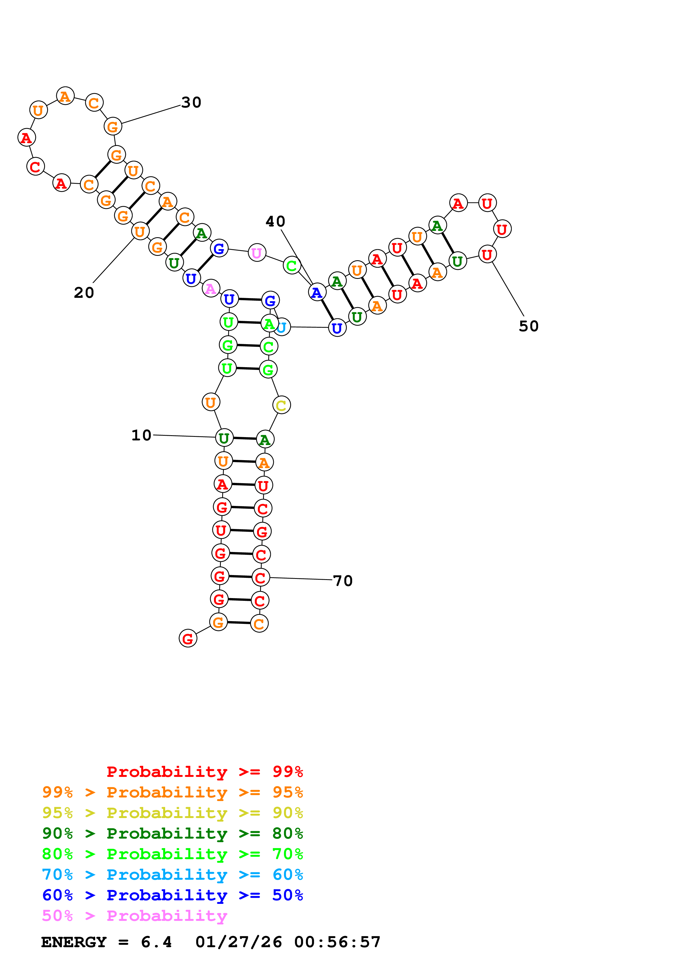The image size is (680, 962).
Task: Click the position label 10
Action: click(x=141, y=435)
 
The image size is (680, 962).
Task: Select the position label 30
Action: click(x=191, y=102)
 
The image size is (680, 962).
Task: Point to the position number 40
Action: click(x=275, y=221)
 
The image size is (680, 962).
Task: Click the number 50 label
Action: click(x=529, y=326)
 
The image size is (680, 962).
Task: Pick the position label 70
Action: click(x=343, y=581)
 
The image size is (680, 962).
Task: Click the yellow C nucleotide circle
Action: click(x=281, y=405)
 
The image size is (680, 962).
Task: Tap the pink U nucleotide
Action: click(x=257, y=253)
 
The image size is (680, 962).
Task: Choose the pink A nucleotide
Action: click(x=211, y=288)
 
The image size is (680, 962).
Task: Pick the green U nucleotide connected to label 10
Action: click(x=224, y=438)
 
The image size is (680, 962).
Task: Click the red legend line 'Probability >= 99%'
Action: click(x=205, y=772)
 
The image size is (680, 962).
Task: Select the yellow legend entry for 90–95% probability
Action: click(x=173, y=813)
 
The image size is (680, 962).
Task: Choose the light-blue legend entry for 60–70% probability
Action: click(x=173, y=875)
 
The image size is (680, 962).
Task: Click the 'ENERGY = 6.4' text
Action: click(x=106, y=942)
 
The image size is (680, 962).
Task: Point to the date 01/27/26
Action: click(x=239, y=942)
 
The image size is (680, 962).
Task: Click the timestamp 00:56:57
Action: click(x=337, y=942)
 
